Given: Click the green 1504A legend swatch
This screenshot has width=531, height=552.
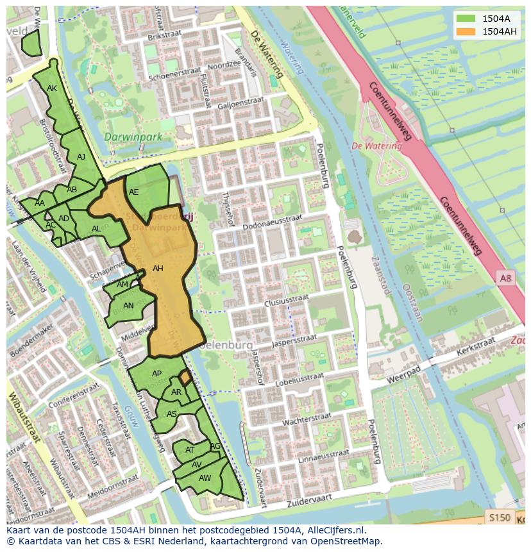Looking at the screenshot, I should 466,19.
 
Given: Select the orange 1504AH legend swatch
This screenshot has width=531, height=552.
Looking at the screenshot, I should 466,31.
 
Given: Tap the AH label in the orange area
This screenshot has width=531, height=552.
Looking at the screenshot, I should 158,269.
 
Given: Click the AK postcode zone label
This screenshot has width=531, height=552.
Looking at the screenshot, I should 52,88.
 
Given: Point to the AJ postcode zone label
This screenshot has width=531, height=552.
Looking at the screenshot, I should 81,156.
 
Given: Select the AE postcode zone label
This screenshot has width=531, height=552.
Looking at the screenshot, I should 133,192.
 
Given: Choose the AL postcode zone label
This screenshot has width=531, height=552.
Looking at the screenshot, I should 96,229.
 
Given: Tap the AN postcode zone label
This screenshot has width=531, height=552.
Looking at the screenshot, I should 128,306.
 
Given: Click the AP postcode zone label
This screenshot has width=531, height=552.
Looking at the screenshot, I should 156,374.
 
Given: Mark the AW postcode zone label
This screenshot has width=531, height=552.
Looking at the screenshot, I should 205,478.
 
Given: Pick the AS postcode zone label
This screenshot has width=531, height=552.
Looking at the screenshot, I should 171,414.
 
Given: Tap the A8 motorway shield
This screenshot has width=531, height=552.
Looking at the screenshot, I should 505,277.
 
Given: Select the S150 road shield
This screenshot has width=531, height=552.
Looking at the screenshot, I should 500,517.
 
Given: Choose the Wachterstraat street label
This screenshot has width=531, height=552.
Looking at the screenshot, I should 307,419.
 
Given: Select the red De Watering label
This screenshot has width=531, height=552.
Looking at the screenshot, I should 376,146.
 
